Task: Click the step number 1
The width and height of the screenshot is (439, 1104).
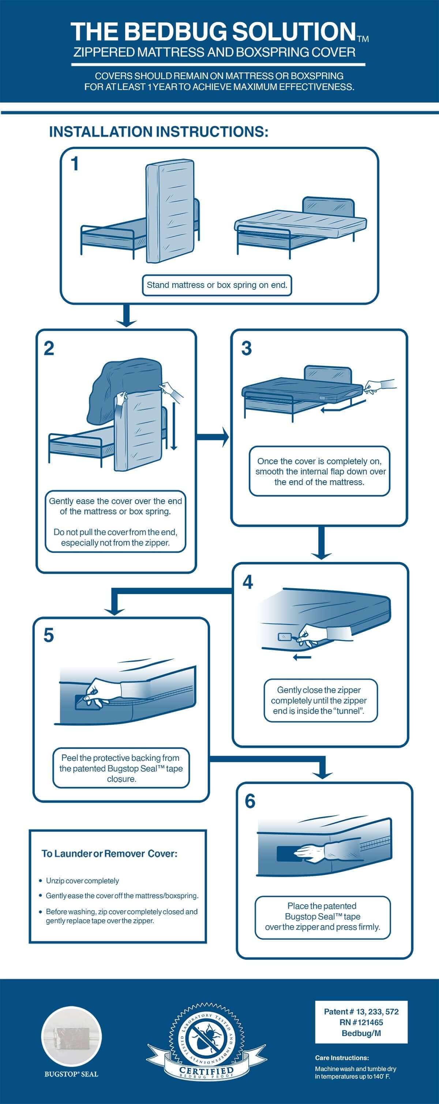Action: pos(75,164)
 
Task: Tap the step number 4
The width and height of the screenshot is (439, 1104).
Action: pos(248,582)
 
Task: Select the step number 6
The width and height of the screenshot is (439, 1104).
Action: pos(250,801)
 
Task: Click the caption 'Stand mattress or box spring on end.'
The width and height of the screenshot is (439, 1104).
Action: pos(217,285)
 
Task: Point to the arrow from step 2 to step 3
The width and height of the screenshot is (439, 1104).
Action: pos(213,437)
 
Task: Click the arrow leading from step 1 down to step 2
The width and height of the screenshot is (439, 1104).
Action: pos(126,316)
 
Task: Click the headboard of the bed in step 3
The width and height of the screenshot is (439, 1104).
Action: pos(328,375)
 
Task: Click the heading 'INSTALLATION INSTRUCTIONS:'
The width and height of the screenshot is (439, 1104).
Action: pos(159,132)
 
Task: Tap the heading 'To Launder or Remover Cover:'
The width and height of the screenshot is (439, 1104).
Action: pos(109,853)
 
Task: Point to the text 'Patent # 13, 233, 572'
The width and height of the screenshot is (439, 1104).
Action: pos(361,1011)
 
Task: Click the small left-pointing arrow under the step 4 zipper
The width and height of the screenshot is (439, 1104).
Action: pos(302,657)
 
